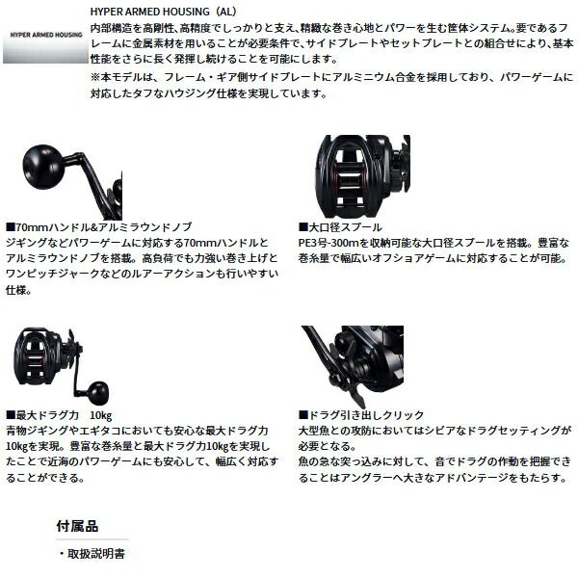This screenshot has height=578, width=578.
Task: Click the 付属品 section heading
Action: coord(78,526)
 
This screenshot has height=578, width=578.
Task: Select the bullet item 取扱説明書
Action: coord(97,554)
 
